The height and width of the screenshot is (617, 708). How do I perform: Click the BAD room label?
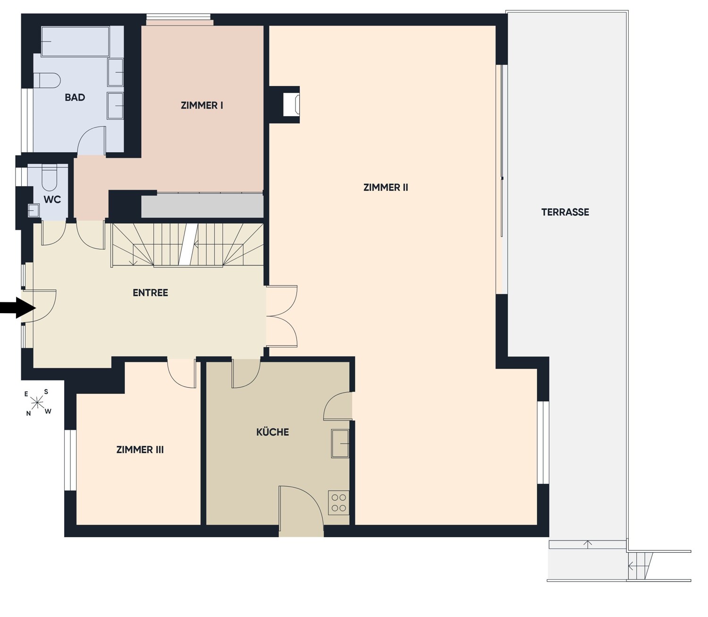click(x=75, y=97)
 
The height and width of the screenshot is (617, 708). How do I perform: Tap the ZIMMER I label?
click(x=202, y=105)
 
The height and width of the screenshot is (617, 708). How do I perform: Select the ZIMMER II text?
click(x=386, y=187)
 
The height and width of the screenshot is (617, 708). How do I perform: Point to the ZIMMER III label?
click(x=140, y=449)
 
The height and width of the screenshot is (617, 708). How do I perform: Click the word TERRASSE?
click(x=565, y=212)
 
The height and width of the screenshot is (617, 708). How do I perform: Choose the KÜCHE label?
click(x=272, y=432)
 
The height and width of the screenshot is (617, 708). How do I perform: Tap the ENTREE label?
click(x=150, y=292)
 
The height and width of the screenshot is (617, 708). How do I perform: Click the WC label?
click(x=52, y=199)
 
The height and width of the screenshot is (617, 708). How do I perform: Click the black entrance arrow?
click(x=18, y=308)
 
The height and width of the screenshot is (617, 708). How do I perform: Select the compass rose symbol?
click(x=36, y=403)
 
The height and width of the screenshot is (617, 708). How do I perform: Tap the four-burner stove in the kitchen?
click(x=338, y=502)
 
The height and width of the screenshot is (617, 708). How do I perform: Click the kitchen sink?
click(x=340, y=444)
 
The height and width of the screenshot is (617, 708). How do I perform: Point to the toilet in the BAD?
click(x=47, y=80)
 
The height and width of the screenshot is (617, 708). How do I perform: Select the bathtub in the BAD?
click(x=76, y=41)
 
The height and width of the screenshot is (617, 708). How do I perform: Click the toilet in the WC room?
click(x=49, y=177)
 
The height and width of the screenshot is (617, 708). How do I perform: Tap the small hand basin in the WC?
click(x=34, y=211)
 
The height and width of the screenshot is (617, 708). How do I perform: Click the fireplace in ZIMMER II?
click(x=291, y=104)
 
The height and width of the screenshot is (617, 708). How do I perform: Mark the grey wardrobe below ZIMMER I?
click(x=202, y=206)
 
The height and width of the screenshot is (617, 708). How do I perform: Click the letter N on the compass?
click(x=28, y=413)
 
